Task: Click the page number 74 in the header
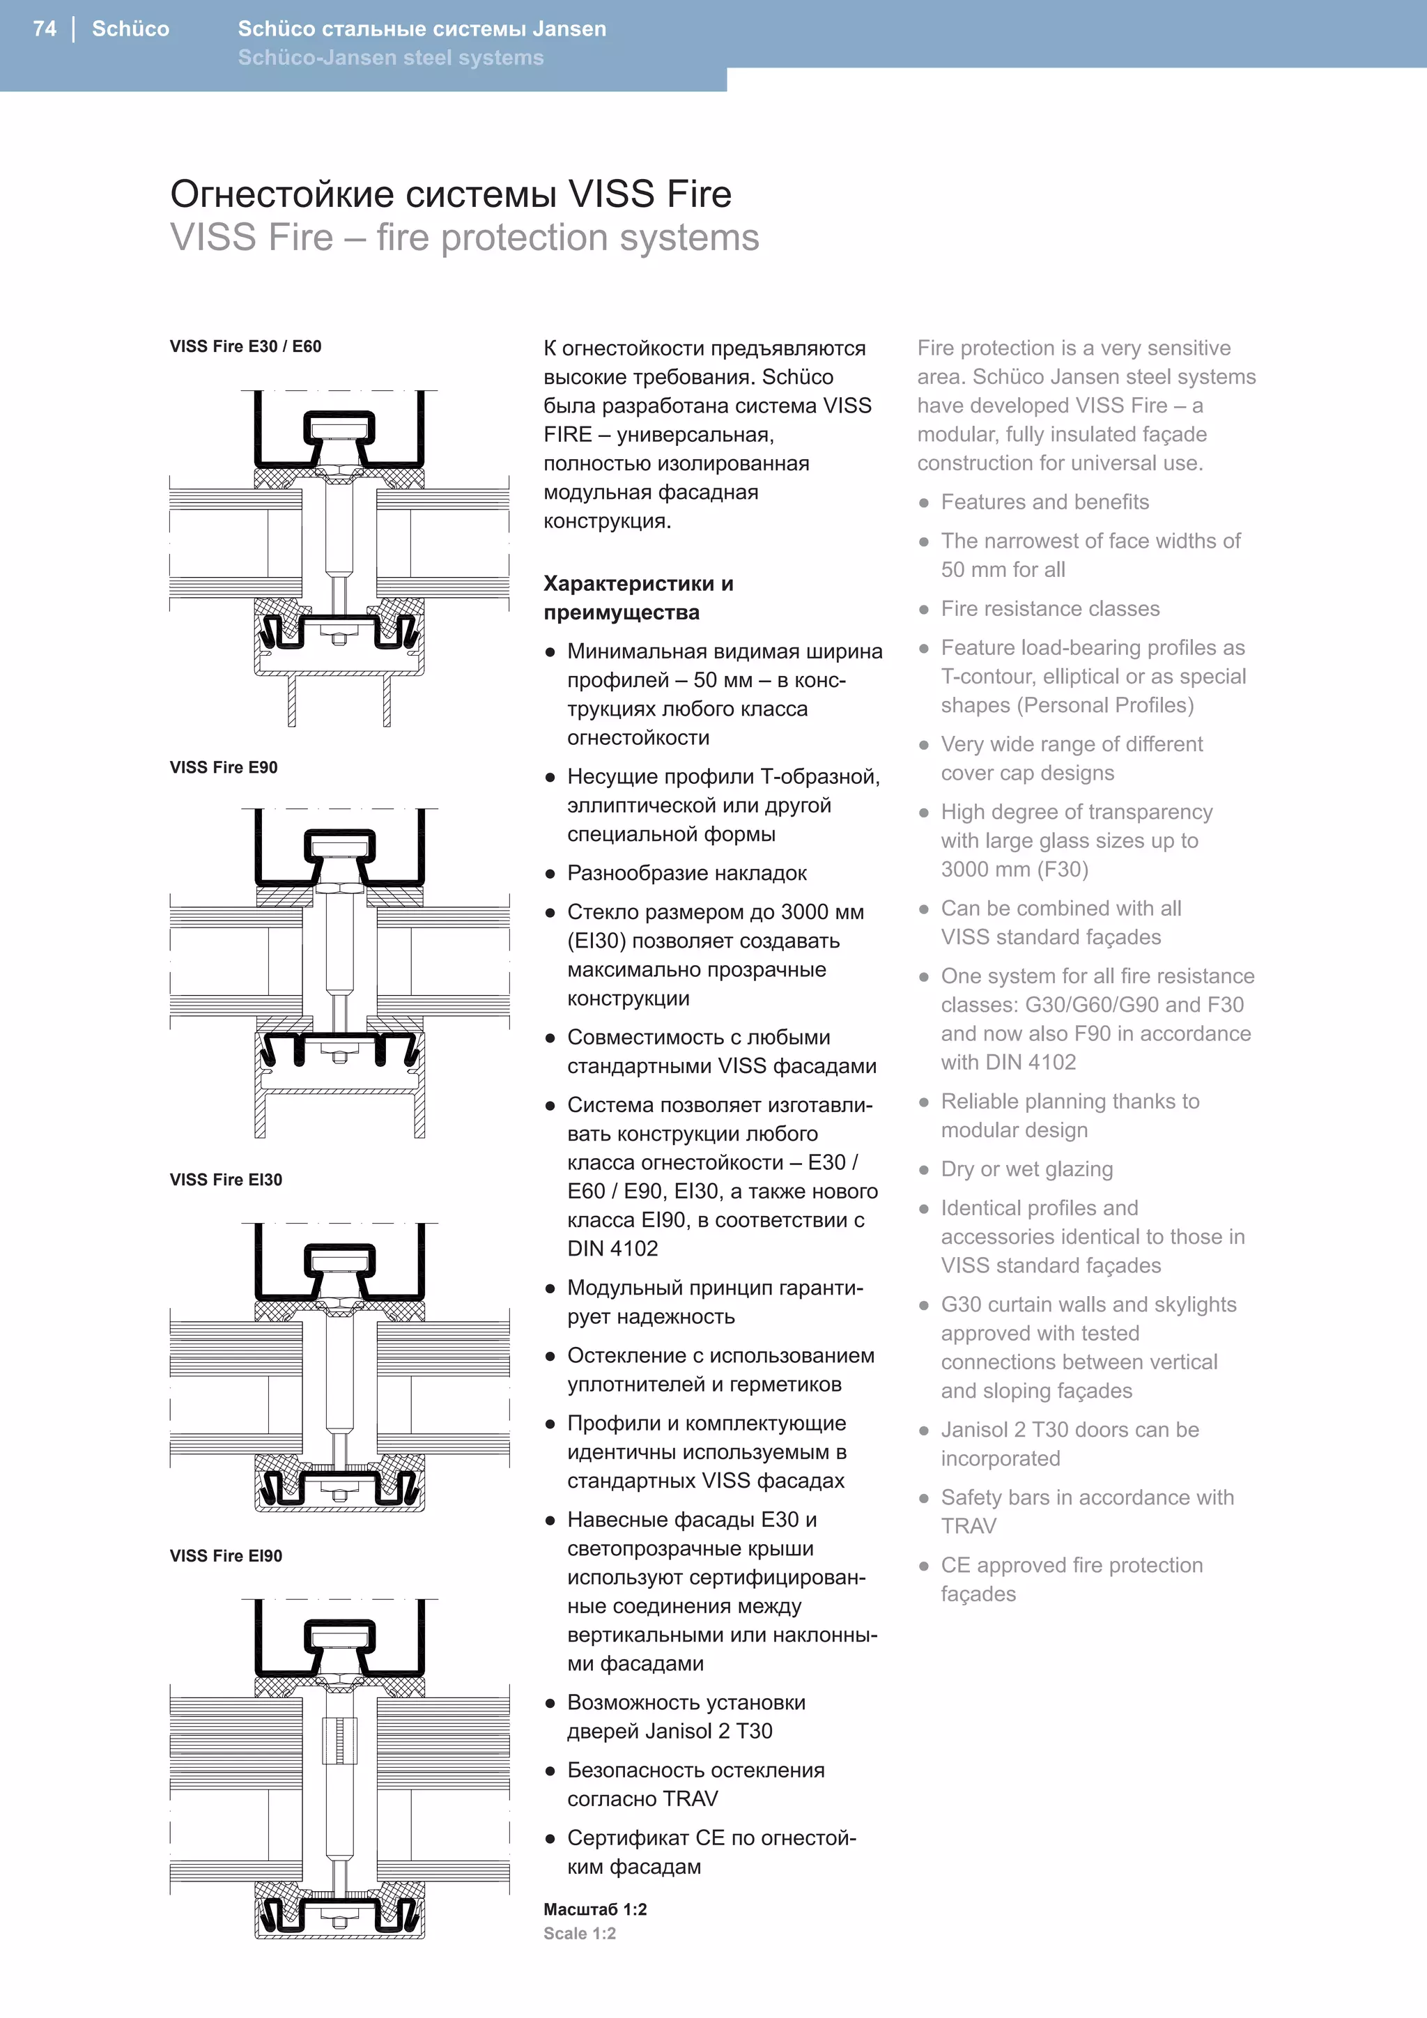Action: pos(45,29)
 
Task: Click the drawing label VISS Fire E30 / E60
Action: pos(245,346)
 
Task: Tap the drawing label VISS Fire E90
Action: pos(223,767)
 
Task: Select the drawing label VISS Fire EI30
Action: pos(226,1180)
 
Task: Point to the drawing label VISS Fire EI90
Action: pos(226,1556)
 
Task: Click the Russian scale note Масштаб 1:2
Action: pos(595,1909)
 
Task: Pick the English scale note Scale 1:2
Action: pos(579,1934)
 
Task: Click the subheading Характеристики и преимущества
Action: pos(638,598)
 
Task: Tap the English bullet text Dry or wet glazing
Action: pos(1026,1169)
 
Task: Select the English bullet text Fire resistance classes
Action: pos(1050,608)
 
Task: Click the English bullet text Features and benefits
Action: pos(1044,502)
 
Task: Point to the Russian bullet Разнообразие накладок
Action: pos(686,872)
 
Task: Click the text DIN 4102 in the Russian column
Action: pos(612,1248)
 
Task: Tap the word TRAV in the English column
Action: pos(969,1526)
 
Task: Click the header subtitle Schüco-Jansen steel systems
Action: pos(390,58)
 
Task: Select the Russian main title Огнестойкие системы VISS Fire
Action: pos(450,194)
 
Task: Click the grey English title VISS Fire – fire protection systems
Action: pos(464,238)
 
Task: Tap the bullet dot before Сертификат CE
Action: pos(550,1839)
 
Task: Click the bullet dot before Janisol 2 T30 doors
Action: pos(923,1430)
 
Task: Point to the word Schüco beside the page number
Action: pos(130,29)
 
